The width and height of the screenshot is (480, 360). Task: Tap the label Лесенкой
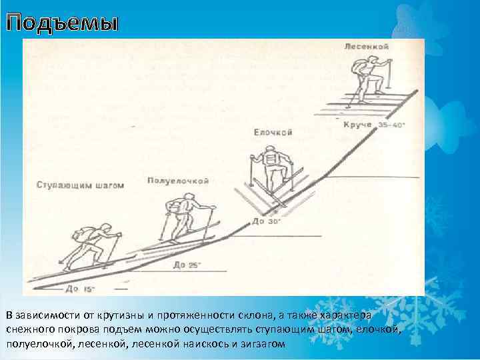tap(367, 46)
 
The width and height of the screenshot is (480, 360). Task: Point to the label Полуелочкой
tap(179, 181)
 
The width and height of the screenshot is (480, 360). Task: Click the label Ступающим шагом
tap(81, 186)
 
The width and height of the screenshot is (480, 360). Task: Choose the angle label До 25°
tap(187, 265)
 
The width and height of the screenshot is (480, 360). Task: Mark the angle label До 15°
tap(81, 289)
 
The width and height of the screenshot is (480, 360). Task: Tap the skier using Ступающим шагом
tap(93, 244)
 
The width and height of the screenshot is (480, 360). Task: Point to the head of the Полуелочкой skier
tap(189, 196)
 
